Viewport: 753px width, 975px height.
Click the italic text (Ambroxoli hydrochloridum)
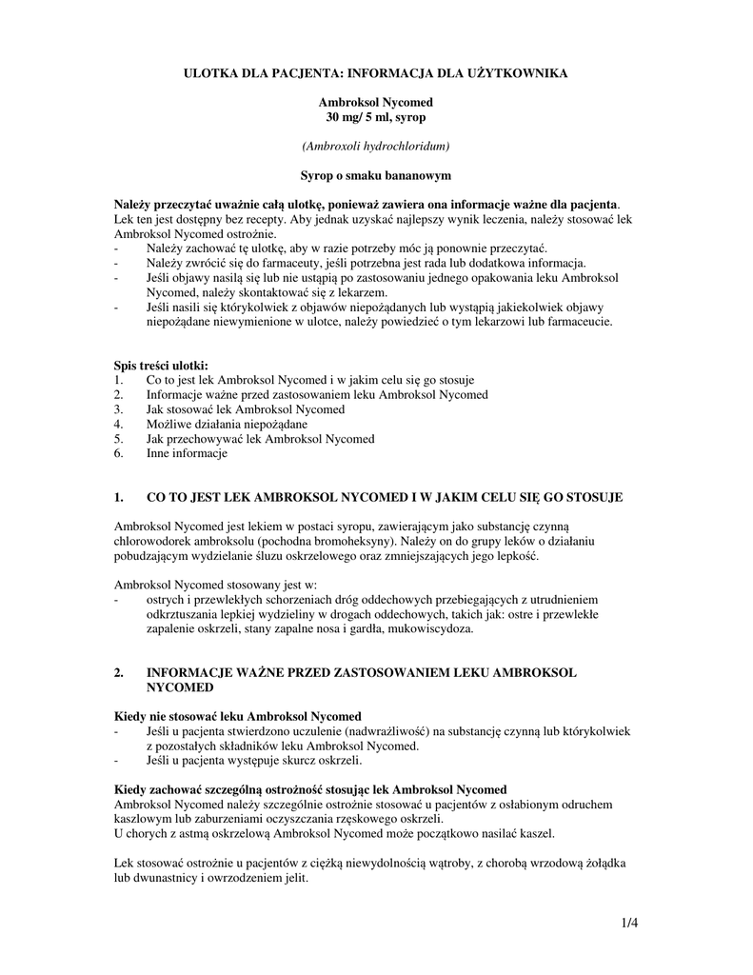[x=376, y=146]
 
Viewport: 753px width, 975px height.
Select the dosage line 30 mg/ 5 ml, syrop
[x=376, y=116]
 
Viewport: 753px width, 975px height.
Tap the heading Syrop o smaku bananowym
[x=376, y=175]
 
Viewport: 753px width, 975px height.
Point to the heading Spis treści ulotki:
[x=161, y=365]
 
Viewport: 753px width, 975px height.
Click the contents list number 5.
[x=118, y=439]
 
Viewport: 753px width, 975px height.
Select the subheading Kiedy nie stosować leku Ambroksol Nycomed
[x=238, y=716]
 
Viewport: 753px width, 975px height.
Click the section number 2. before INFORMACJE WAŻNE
[x=119, y=672]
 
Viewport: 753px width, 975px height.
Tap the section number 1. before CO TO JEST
[x=119, y=497]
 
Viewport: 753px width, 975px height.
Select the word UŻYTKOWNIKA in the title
[x=515, y=72]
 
